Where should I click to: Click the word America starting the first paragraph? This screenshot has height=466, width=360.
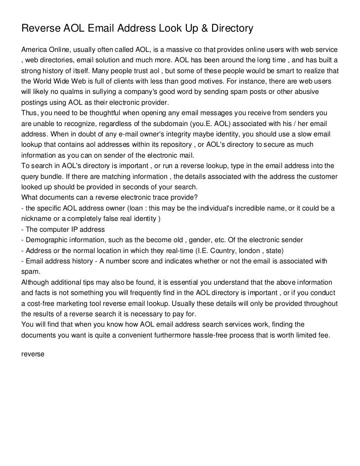pyautogui.click(x=35, y=50)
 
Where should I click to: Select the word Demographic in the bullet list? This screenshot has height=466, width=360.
pyautogui.click(x=49, y=239)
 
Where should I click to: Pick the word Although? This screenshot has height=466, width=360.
pyautogui.click(x=36, y=282)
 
